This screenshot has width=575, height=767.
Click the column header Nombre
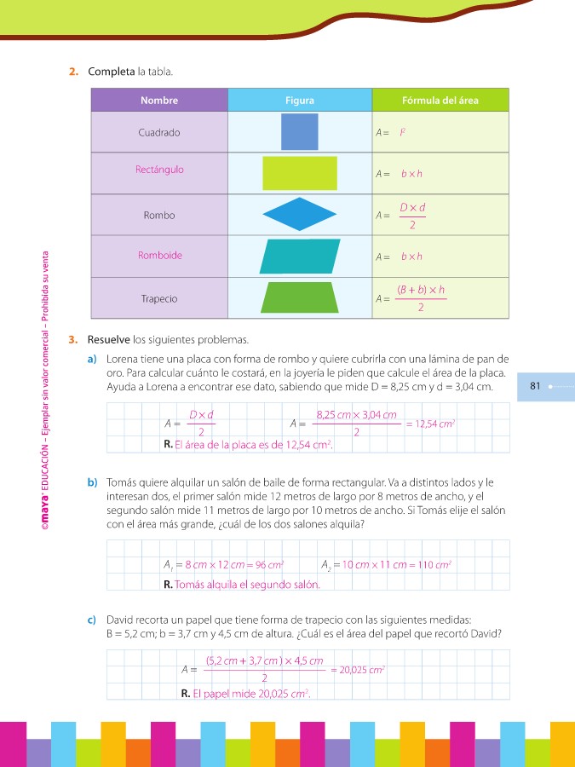click(x=159, y=101)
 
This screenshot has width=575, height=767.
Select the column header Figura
click(x=299, y=101)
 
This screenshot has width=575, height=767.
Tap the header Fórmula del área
click(x=440, y=101)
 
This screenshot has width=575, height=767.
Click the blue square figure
click(x=299, y=132)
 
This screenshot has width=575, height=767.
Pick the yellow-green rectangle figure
click(x=299, y=173)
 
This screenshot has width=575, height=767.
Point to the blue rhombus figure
click(x=299, y=215)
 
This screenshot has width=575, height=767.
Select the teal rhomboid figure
click(x=299, y=256)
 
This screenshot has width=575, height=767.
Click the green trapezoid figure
click(x=299, y=297)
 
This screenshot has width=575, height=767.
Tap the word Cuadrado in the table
click(x=159, y=133)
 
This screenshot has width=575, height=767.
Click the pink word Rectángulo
click(x=159, y=170)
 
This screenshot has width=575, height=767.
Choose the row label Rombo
click(x=159, y=216)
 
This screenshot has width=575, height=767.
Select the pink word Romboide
click(x=159, y=256)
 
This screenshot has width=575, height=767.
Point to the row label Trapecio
click(x=159, y=299)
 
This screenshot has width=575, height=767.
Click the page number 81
click(x=536, y=386)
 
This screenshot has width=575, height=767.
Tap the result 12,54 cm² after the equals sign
click(x=434, y=424)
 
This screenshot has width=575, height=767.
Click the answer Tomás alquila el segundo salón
click(x=247, y=585)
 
